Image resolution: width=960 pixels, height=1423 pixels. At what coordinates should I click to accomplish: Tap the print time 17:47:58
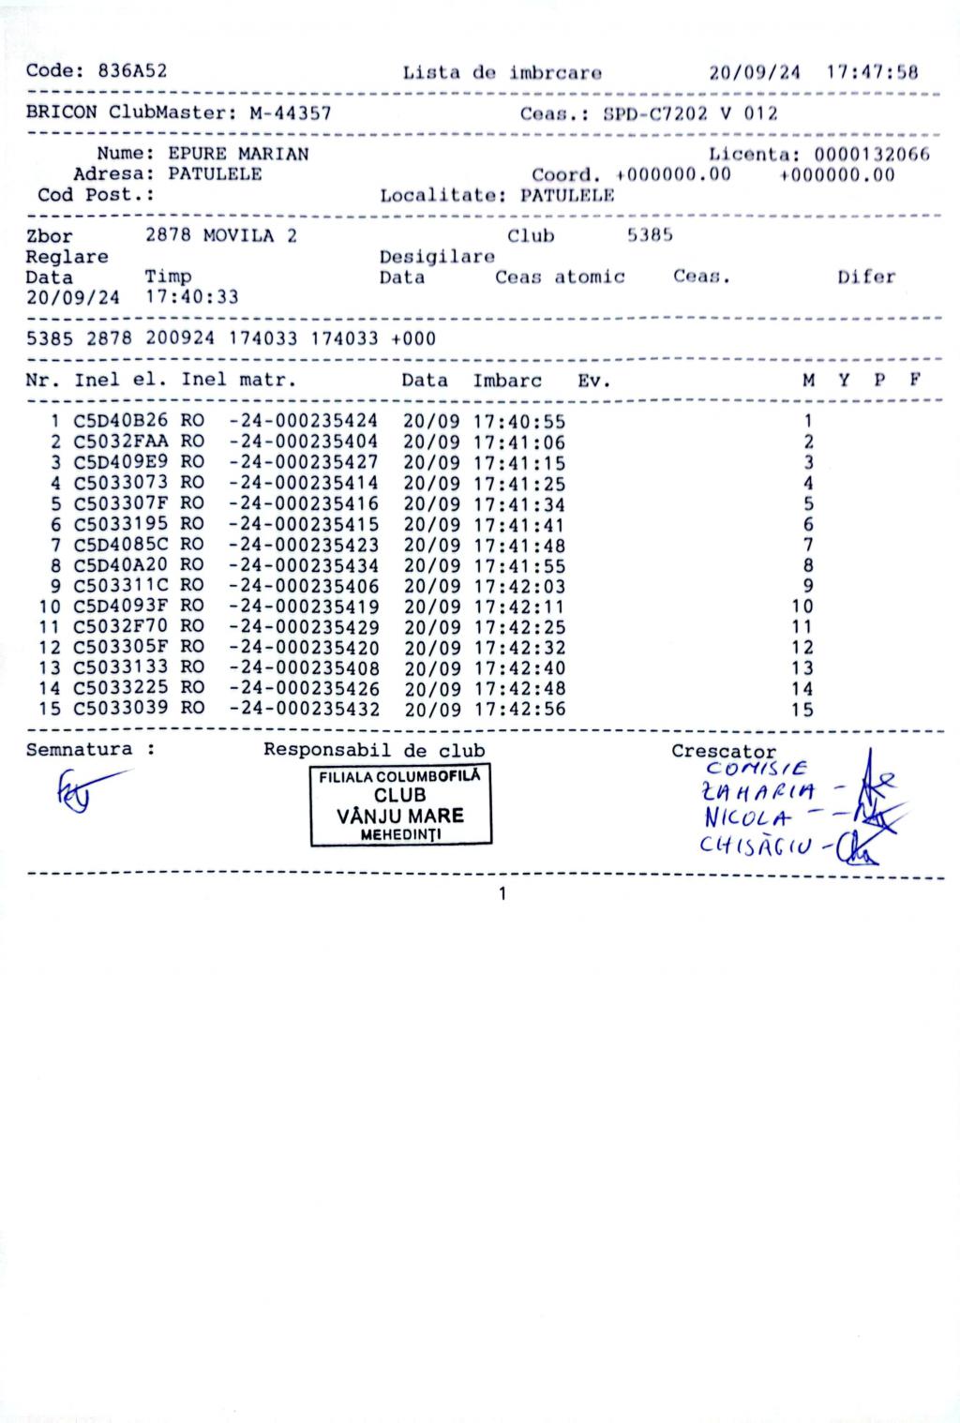point(872,72)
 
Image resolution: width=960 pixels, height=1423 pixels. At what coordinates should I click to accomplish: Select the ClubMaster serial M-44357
point(290,113)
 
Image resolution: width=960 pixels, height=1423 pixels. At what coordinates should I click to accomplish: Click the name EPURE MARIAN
point(238,154)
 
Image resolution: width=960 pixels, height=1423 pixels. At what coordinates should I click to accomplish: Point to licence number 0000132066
point(872,154)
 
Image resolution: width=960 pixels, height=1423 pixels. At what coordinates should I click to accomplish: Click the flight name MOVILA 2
point(249,235)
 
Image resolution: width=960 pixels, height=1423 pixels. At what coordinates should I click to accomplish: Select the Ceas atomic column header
point(560,277)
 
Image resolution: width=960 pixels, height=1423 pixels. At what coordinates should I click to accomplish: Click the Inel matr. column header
point(238,381)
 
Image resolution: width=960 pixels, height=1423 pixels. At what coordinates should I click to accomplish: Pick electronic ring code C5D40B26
point(121,421)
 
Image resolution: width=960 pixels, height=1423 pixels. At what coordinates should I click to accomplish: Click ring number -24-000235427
point(304,462)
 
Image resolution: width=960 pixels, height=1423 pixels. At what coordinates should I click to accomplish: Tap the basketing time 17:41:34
point(519,504)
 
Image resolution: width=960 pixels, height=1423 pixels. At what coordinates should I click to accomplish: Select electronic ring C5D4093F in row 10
point(121,607)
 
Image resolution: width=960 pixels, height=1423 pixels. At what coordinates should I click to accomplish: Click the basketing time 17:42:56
point(519,709)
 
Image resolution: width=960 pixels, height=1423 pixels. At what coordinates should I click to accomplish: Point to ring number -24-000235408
point(304,668)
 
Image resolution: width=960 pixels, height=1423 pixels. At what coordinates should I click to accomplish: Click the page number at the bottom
point(502,894)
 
